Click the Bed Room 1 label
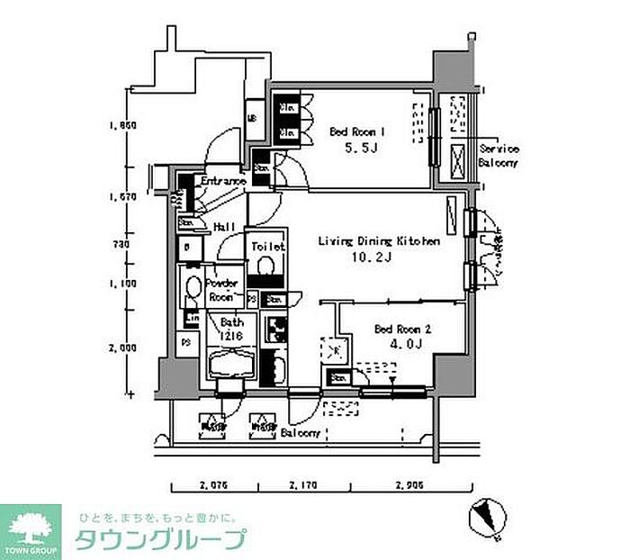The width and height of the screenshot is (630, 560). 357,131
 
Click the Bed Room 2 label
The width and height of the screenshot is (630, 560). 403,330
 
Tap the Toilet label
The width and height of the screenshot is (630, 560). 268,246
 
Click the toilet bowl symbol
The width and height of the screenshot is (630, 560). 266,267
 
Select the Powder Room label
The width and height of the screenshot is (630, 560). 221,289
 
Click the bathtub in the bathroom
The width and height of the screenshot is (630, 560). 231,366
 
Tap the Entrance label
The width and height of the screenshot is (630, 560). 223,182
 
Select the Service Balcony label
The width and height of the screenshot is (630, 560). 499,155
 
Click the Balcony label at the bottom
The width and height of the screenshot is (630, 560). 300,433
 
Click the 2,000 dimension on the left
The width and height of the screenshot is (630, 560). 121,347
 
